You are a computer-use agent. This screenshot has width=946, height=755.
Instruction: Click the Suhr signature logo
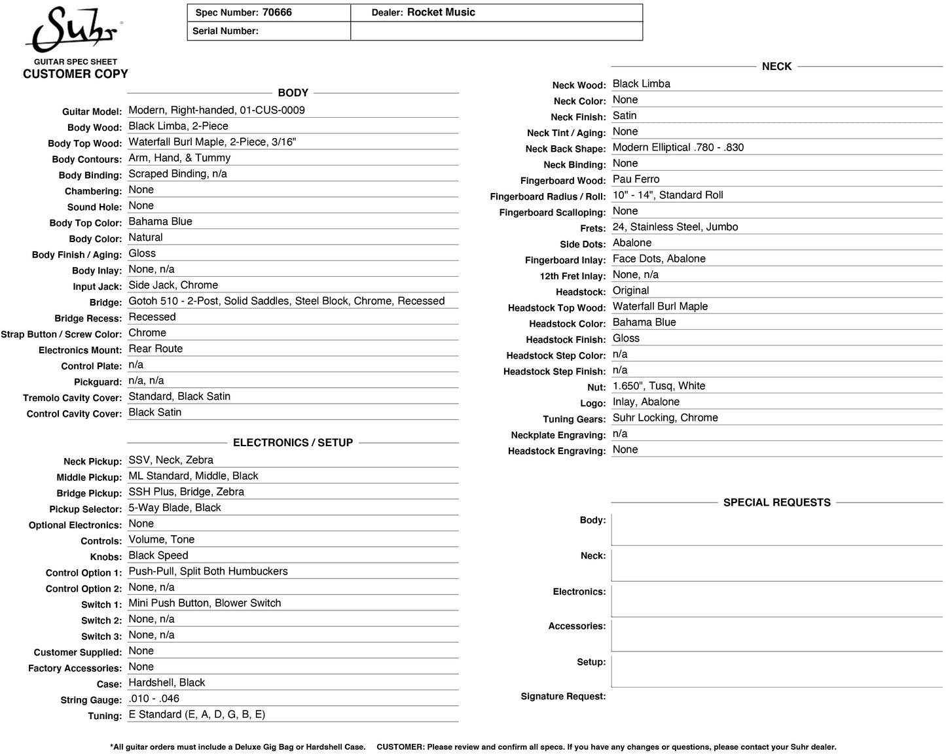tap(73, 30)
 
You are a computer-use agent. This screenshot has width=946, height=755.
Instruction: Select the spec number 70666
tap(277, 12)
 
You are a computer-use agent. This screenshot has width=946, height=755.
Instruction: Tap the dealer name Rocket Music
tap(441, 12)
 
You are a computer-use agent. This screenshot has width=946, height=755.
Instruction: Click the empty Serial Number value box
tap(496, 31)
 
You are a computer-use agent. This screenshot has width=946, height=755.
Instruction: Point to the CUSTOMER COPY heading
tap(75, 74)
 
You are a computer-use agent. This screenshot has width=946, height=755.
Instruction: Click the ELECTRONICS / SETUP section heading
tap(293, 443)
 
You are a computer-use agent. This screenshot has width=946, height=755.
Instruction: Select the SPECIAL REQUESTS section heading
tap(776, 502)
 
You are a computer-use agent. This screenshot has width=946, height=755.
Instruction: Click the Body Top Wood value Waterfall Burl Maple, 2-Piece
tap(212, 142)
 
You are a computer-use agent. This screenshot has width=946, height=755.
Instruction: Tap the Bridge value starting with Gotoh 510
tap(286, 301)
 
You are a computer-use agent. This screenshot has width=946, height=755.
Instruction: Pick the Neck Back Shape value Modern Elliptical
tap(678, 147)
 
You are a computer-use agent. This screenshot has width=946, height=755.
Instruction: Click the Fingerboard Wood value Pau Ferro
tap(636, 179)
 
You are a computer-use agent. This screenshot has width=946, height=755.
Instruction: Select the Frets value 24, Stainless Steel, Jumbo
tap(675, 227)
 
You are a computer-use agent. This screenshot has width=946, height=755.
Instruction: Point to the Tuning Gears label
tap(574, 419)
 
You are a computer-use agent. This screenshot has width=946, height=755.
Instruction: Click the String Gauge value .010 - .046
tap(154, 699)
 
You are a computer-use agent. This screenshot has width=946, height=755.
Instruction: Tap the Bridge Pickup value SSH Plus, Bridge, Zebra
tap(186, 492)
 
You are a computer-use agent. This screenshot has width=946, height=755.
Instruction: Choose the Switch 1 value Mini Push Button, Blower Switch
tap(204, 603)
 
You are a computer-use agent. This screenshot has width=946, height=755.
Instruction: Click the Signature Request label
tap(563, 697)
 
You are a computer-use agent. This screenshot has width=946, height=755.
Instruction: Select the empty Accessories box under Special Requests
tap(776, 634)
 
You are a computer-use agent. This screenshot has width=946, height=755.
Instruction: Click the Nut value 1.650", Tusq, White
tap(659, 386)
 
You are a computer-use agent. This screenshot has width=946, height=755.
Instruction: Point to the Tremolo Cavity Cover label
tap(72, 398)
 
